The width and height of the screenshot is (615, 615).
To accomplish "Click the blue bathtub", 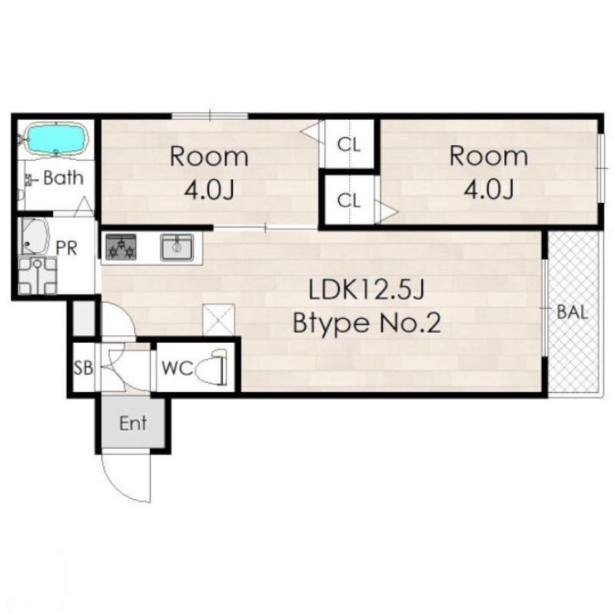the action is (56, 139).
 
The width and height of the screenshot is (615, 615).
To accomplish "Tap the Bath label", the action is (64, 178).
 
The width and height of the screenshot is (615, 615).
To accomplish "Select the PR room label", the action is (66, 248).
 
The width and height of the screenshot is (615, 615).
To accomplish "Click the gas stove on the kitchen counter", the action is (121, 247).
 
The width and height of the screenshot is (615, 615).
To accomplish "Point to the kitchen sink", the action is (177, 248).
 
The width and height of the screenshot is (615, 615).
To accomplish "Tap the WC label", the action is (178, 368).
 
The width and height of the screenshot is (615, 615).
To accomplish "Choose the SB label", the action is (84, 368).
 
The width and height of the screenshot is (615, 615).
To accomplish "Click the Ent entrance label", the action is (133, 424).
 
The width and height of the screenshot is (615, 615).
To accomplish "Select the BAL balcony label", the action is (573, 313).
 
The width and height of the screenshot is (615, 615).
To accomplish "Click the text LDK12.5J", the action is (367, 291).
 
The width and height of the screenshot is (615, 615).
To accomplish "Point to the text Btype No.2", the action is (367, 323).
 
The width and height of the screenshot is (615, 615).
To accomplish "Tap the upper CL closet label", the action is (349, 145).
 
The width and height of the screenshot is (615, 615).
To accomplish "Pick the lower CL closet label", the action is (349, 201).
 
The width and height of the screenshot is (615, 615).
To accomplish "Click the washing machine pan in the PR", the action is (38, 276).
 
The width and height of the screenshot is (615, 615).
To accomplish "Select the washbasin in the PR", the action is (35, 237).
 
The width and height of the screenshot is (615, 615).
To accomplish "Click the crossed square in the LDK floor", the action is (218, 320).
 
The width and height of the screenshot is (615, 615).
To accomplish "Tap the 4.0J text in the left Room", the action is (209, 191).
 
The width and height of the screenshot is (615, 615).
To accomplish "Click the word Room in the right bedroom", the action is (488, 156).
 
